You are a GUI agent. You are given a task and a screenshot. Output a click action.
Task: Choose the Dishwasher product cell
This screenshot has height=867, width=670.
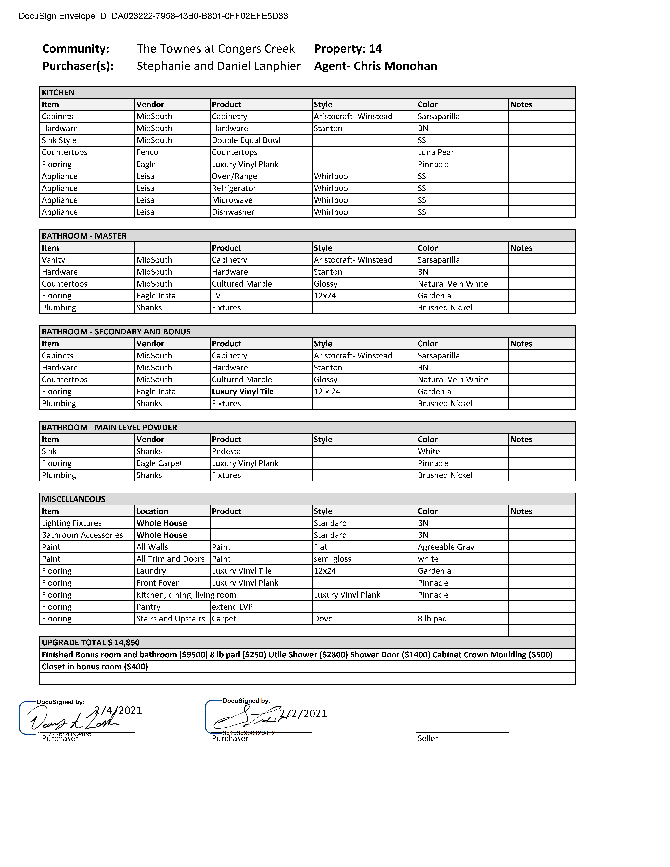click(x=233, y=212)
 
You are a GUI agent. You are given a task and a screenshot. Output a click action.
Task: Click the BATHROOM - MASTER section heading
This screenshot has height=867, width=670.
click(x=84, y=236)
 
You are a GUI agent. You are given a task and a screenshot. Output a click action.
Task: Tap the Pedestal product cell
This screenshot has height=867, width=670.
click(x=227, y=451)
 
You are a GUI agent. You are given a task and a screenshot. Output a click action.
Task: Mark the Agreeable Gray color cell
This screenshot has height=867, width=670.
click(x=446, y=547)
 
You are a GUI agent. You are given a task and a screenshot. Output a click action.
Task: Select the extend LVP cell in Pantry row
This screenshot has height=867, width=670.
click(x=232, y=607)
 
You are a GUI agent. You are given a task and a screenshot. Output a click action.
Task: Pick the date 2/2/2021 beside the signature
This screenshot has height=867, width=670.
click(x=304, y=714)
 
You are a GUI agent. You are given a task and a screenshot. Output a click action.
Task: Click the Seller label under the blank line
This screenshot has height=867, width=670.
click(x=428, y=738)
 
